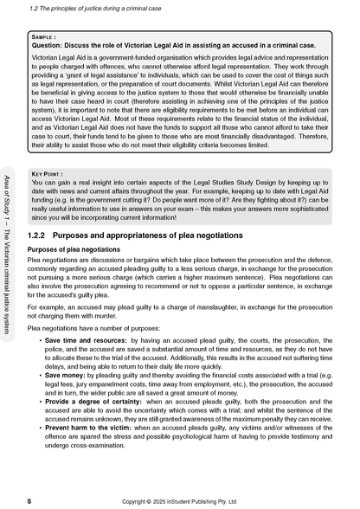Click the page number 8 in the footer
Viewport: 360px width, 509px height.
click(31, 500)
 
